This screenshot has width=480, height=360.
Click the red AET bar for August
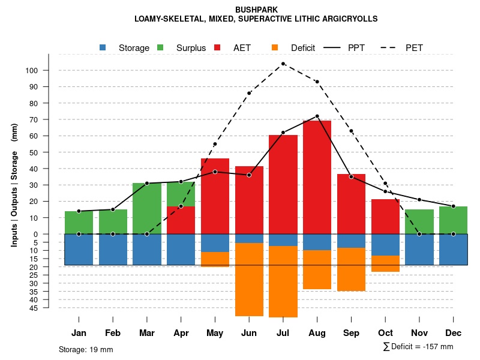coord(317,177)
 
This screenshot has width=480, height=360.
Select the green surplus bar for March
coord(147,208)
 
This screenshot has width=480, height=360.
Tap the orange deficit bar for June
coord(249,279)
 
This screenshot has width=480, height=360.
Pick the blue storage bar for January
coord(79,249)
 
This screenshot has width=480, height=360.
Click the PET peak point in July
coord(283,64)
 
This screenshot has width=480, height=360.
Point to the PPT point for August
coord(317,116)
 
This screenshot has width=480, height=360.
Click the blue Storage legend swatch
coord(103,47)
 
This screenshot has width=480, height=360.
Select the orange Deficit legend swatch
coord(275,47)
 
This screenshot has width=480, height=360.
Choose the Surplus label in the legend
coord(191,48)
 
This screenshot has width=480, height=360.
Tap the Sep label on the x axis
coord(351,333)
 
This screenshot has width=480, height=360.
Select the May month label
coord(215,333)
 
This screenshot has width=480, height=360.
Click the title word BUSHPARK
coord(256,10)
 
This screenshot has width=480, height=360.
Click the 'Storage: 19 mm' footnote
coord(86,349)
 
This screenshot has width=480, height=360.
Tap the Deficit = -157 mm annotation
coord(418,347)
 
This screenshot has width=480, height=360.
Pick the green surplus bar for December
coord(453,220)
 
